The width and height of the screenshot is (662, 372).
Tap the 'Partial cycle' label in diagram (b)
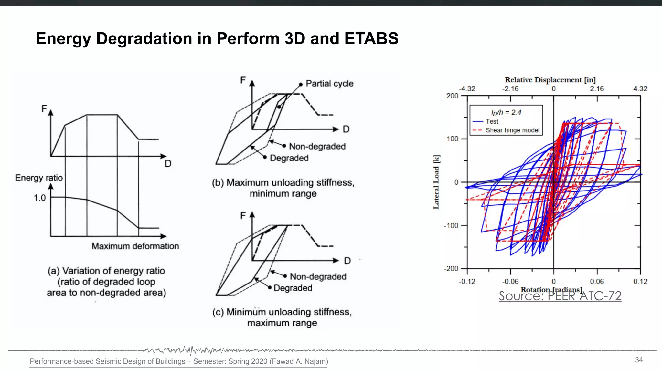(329, 84)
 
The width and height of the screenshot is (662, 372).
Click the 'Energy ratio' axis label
(39, 178)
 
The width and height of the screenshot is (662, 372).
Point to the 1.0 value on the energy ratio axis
(40, 198)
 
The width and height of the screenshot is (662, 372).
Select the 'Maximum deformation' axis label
(135, 246)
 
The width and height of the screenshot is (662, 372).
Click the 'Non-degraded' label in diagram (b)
(317, 147)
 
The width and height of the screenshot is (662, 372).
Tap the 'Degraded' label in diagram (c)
(293, 288)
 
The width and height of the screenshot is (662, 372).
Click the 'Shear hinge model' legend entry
(512, 130)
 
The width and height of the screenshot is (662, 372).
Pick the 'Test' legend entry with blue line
(492, 121)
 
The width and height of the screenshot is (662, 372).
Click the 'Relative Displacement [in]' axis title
(550, 80)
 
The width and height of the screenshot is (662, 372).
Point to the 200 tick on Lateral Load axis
(452, 96)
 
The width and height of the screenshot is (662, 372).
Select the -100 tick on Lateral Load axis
(451, 225)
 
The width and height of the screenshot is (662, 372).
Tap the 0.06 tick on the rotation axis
(597, 282)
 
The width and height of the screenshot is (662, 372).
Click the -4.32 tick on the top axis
(467, 89)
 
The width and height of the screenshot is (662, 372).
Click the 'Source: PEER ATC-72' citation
(560, 296)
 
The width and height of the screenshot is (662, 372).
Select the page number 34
(639, 360)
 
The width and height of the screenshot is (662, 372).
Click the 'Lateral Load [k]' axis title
(436, 182)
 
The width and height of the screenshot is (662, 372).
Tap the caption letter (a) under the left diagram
(53, 271)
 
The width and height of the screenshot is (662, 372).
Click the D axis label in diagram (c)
(347, 261)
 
